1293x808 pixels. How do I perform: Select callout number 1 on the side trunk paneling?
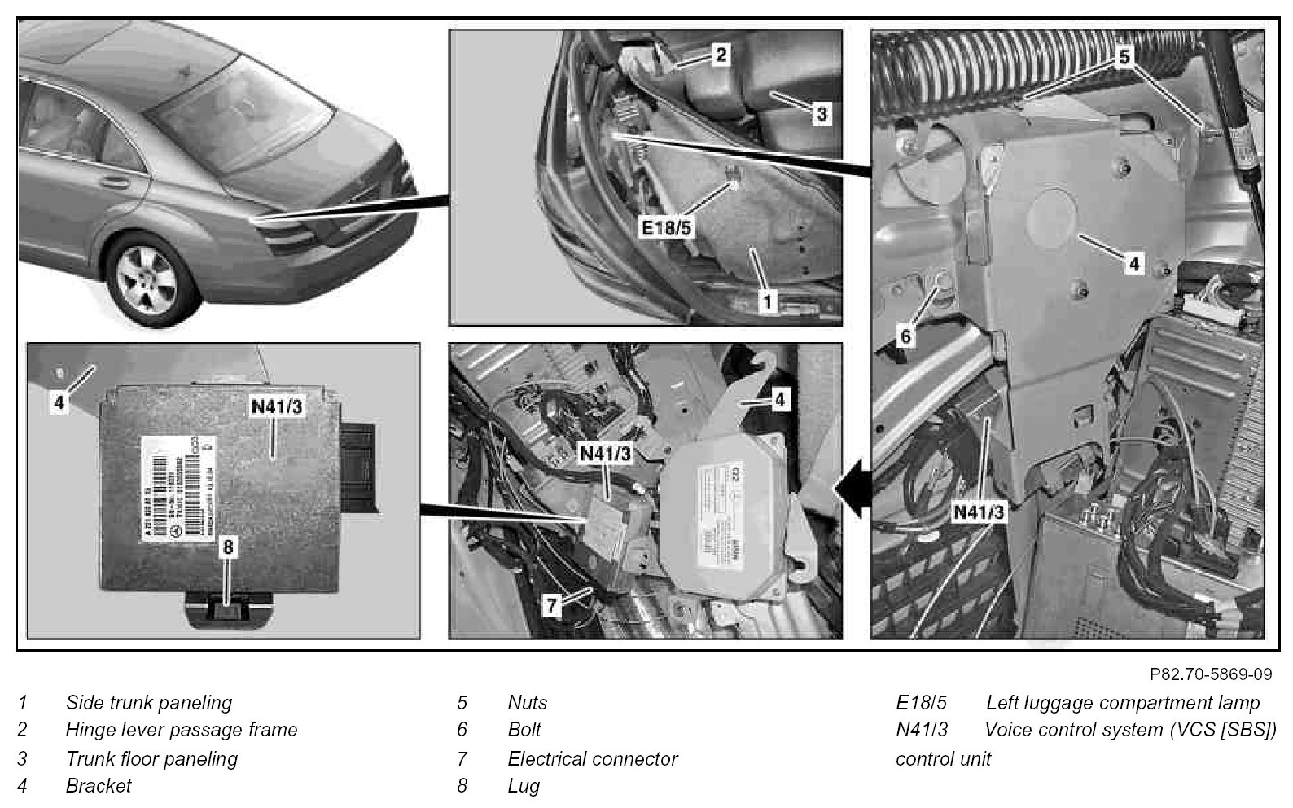click(x=767, y=301)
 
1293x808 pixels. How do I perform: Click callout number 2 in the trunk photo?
click(x=720, y=55)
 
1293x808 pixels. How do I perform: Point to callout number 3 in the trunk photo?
click(x=822, y=114)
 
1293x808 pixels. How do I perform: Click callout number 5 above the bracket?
click(x=1124, y=56)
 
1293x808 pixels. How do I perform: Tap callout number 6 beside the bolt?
click(x=907, y=335)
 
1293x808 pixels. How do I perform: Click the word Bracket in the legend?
click(x=98, y=786)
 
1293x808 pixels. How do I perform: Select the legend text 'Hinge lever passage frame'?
click(x=182, y=730)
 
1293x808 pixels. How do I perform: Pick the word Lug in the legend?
click(x=524, y=786)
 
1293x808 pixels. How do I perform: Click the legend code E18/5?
click(x=921, y=702)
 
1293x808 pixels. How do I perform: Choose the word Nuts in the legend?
click(x=527, y=702)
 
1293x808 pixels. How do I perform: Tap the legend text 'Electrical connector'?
click(x=592, y=758)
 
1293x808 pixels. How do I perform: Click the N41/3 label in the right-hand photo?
click(x=978, y=512)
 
